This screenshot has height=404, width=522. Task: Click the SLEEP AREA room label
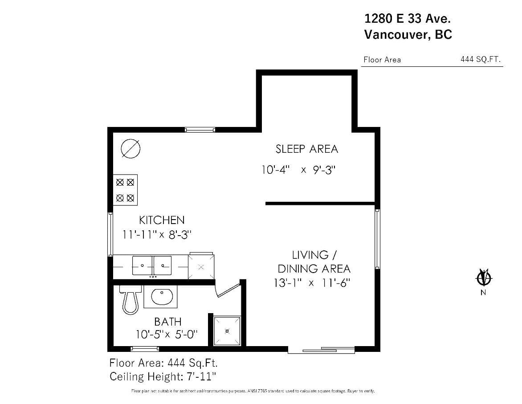[x=306, y=149]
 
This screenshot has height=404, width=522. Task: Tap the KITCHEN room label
[x=162, y=220]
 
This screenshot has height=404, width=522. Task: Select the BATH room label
[x=167, y=321]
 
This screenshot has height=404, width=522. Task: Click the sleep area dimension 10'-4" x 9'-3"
[x=298, y=170]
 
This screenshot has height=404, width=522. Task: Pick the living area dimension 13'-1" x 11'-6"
[x=312, y=283]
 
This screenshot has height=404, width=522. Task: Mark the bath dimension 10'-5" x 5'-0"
[x=166, y=334]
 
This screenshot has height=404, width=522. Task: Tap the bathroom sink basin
[x=160, y=297]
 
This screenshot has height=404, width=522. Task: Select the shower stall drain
[x=227, y=331]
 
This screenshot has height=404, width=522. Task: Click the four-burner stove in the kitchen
[x=125, y=189]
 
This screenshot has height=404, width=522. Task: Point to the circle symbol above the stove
[x=130, y=148]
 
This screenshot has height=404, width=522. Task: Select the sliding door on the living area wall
[x=321, y=350]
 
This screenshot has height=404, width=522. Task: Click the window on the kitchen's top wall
[x=200, y=130]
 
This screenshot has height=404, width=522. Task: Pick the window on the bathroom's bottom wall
[x=145, y=348]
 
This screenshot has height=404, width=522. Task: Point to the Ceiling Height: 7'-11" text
[x=163, y=376]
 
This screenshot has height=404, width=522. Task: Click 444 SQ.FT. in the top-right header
[x=481, y=59]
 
